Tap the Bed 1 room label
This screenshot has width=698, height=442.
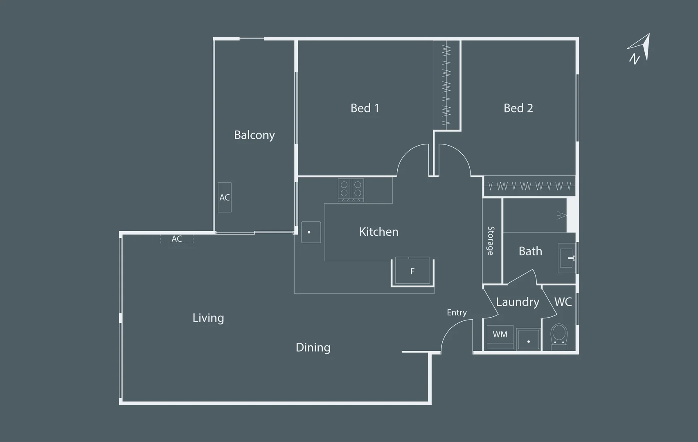(365, 108)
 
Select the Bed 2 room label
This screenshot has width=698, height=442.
(518, 108)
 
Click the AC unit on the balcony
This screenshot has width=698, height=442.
(225, 197)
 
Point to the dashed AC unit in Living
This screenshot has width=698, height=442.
(176, 239)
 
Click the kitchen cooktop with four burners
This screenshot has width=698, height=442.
(351, 190)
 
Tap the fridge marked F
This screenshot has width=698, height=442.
(412, 271)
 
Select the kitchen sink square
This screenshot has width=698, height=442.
(311, 232)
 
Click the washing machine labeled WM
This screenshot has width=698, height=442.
(500, 336)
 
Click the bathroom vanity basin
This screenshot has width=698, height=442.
(567, 258)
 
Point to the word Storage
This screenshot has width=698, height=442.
(491, 241)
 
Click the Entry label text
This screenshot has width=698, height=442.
(457, 313)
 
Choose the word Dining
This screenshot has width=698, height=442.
(313, 347)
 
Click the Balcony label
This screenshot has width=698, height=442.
(254, 135)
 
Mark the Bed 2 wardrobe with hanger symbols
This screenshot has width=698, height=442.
(529, 187)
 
